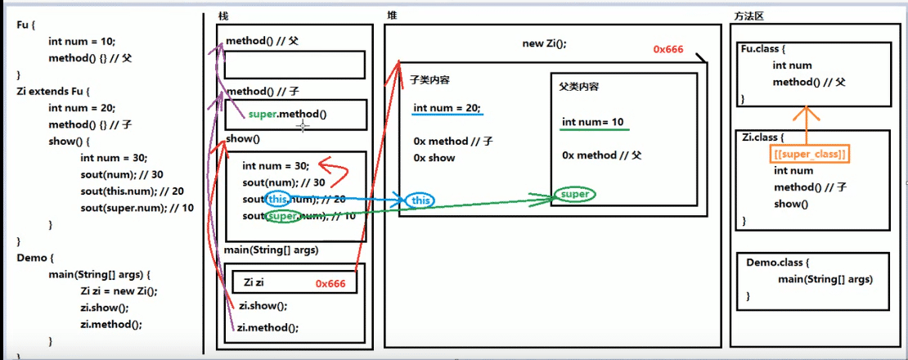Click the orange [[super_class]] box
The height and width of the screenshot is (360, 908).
coord(810,155)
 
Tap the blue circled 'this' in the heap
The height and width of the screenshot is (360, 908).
coord(420,200)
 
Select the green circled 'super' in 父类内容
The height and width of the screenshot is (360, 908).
coord(574,195)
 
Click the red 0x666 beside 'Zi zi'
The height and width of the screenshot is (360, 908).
coord(330,283)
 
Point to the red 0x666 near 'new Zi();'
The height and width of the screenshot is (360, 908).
coord(668,49)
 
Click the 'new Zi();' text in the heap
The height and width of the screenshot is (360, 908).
coord(544,44)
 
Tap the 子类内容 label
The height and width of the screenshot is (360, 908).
coord(429,80)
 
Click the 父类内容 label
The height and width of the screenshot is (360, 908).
coord(578,87)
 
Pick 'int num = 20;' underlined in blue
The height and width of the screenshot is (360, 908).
coord(447,108)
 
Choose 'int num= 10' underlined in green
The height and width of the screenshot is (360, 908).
coord(594,122)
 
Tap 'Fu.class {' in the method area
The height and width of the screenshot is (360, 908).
coord(764,49)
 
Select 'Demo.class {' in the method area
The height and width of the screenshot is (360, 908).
coord(774,262)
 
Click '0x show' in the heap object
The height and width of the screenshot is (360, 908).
coord(434,157)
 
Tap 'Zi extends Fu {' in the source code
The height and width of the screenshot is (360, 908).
coord(53,91)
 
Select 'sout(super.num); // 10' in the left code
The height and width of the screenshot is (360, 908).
coord(137,208)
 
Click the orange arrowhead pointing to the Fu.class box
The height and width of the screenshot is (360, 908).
coord(809,113)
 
